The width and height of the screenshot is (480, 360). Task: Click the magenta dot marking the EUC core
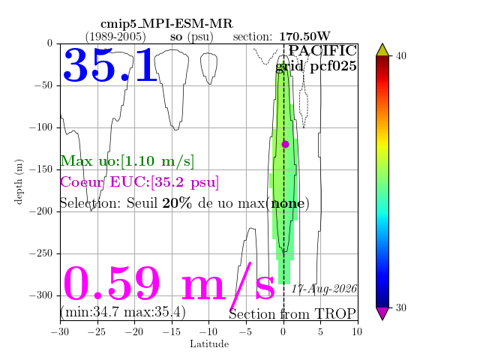[x=285, y=144]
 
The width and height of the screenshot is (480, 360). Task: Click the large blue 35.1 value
[x=110, y=65]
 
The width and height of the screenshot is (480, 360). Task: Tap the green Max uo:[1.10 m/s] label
[x=127, y=161]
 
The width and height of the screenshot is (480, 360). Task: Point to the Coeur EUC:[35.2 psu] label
[x=139, y=182]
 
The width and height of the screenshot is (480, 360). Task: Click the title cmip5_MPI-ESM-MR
[x=166, y=23]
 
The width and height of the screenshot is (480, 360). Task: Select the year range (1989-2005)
[x=115, y=37]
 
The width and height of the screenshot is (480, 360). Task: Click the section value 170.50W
[x=304, y=37]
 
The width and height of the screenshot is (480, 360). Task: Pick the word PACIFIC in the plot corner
[x=322, y=50]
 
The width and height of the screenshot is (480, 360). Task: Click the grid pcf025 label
[x=316, y=66]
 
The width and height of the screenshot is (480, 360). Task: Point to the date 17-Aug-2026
[x=324, y=289]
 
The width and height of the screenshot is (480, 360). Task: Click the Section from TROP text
[x=292, y=314]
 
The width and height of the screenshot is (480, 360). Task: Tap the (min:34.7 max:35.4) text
[x=123, y=312]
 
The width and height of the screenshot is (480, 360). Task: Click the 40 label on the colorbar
[x=400, y=56]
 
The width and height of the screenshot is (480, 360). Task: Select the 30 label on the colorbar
[x=400, y=307]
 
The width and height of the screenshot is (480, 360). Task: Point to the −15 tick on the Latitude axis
[x=172, y=331]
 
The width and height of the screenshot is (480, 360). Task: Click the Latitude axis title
[x=209, y=343]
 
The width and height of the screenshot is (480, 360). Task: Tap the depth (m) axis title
[x=18, y=181]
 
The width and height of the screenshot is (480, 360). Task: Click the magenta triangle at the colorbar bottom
[x=382, y=313]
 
